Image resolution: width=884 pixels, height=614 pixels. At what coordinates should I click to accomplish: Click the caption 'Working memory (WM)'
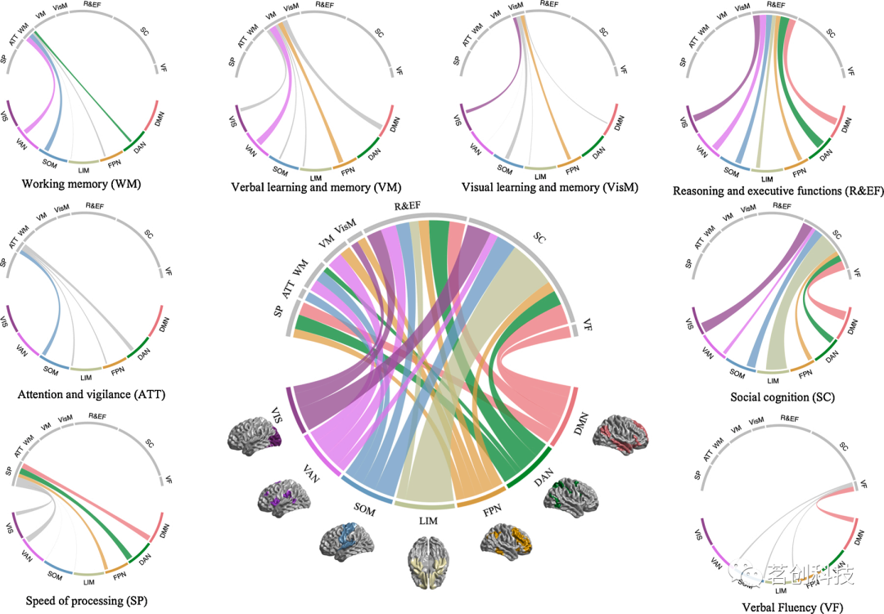tap(82, 184)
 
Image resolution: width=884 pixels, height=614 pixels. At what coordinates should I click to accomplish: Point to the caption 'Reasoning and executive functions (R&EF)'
tap(778, 190)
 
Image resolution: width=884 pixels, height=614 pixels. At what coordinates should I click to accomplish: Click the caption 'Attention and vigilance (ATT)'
tap(91, 395)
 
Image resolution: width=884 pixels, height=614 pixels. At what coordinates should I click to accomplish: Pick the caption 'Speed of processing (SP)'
tap(84, 602)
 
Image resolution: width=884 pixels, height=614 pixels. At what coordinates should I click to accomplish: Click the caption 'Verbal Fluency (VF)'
tap(783, 607)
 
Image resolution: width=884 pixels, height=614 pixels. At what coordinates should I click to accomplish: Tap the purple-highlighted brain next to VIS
tap(255, 433)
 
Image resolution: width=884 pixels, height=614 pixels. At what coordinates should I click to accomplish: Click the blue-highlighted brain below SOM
tap(347, 540)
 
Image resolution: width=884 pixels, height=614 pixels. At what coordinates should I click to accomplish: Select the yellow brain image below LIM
tap(434, 562)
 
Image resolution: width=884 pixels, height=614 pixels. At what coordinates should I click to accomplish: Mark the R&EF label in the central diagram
tap(408, 207)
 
